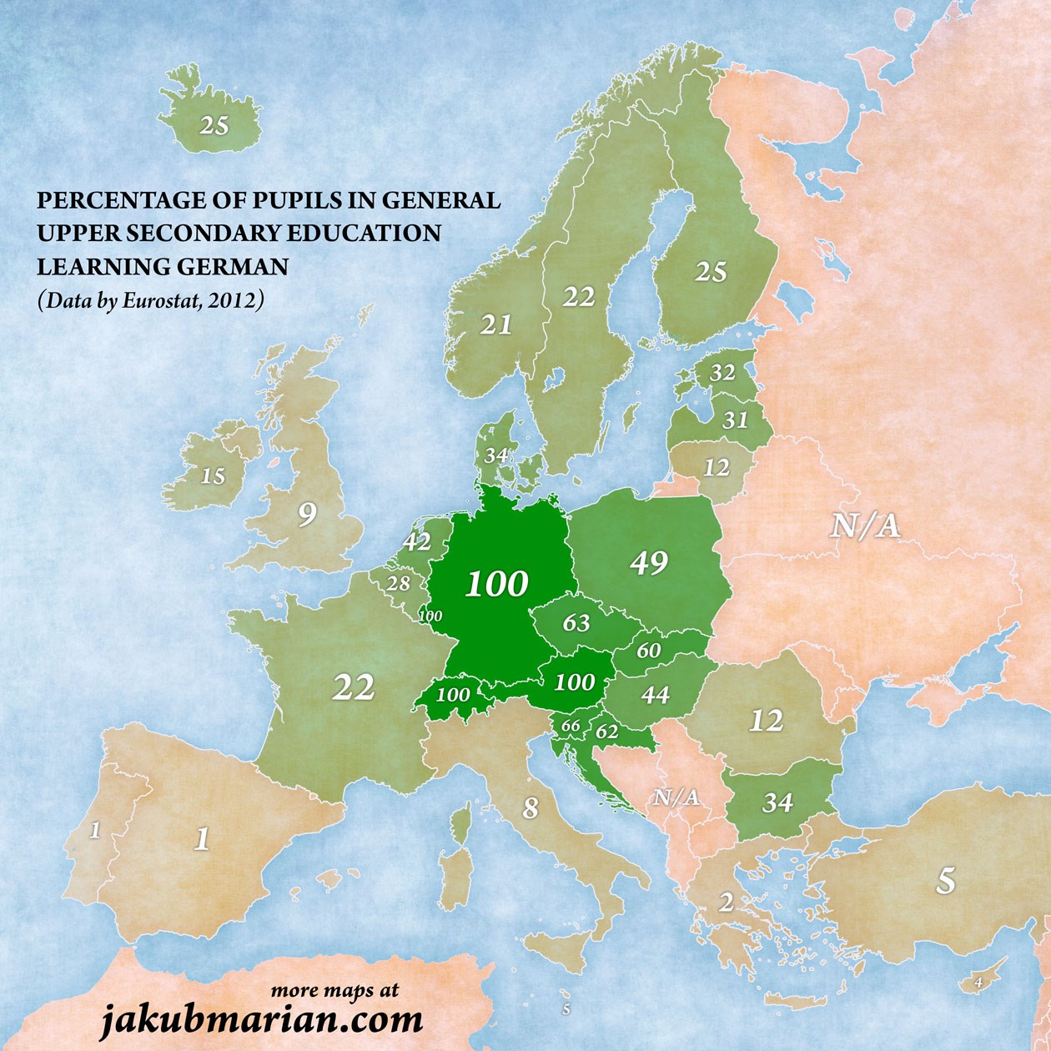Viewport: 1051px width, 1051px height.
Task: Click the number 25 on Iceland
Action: point(214,125)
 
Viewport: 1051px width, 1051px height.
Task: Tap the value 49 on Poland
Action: point(649,563)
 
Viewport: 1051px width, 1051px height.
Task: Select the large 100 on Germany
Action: point(496,584)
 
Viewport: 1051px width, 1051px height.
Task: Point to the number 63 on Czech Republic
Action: point(576,622)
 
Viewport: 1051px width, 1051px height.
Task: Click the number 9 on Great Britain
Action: point(308,515)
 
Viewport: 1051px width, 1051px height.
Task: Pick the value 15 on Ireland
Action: point(213,476)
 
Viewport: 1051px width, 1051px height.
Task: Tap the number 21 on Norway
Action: point(496,324)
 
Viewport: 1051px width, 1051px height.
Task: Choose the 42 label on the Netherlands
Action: point(416,542)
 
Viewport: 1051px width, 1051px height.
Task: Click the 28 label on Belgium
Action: point(398,584)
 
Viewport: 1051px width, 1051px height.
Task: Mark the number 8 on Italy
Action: point(531,807)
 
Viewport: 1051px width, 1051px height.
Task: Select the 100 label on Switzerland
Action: point(453,694)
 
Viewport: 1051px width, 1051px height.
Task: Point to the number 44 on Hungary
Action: point(655,694)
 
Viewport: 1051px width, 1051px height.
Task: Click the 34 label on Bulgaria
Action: point(777,802)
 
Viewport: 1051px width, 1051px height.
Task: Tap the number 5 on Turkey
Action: point(945,881)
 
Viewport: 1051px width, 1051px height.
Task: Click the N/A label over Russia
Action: point(865,525)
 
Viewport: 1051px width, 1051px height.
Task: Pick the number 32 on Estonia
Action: point(722,373)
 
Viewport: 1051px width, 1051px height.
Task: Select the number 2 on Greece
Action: point(726,903)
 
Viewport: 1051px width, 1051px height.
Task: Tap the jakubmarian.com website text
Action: point(262,1019)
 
